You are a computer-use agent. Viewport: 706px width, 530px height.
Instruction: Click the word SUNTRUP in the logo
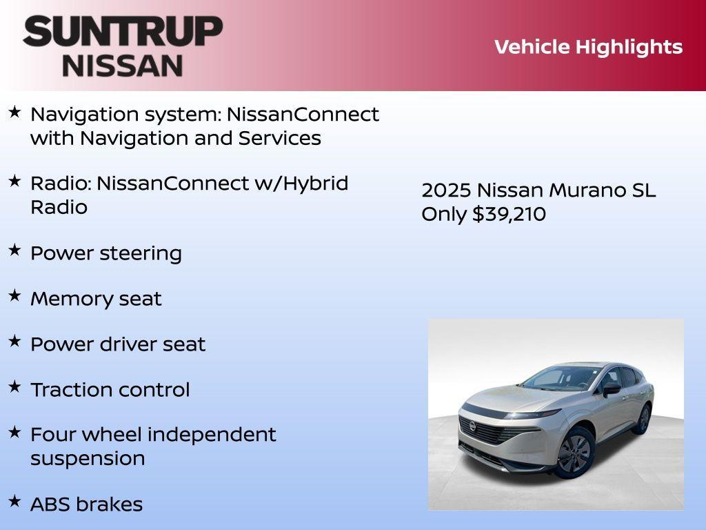tap(123, 32)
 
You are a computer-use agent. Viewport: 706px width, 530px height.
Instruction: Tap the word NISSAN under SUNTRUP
tap(123, 66)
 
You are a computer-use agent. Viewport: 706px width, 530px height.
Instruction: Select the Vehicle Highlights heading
tap(588, 47)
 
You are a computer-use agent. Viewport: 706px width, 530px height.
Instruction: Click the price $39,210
tap(509, 214)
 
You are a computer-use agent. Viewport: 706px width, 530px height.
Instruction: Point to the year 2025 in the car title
tap(446, 190)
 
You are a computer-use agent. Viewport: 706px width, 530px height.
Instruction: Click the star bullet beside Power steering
tap(14, 251)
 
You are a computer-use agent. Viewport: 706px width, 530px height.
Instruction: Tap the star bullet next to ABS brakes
tap(14, 502)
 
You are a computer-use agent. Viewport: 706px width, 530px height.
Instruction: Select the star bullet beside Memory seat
tap(14, 296)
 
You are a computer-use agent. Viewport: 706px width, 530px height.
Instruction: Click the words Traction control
tap(110, 390)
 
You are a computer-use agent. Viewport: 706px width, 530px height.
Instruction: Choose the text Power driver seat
tap(118, 344)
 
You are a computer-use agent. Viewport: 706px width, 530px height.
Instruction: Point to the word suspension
tap(88, 459)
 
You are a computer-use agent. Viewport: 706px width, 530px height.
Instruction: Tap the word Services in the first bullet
tap(280, 138)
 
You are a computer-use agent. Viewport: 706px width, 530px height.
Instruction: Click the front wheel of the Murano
tap(574, 453)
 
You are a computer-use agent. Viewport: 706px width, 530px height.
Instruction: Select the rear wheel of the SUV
tap(643, 418)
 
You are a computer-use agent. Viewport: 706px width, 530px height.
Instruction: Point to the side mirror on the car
tap(611, 389)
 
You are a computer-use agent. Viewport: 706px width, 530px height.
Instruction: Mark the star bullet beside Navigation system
tap(14, 111)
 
